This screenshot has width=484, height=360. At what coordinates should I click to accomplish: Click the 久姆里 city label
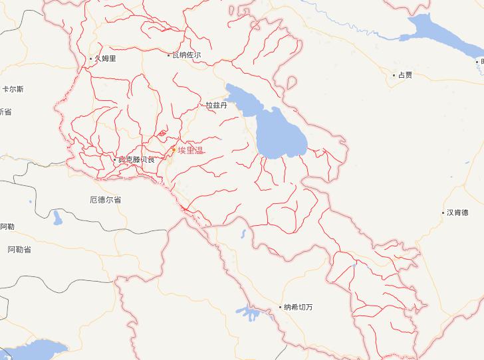(x=105, y=58)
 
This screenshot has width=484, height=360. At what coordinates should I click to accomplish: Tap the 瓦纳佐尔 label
(x=186, y=55)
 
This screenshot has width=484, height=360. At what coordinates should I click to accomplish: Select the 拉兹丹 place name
(x=216, y=105)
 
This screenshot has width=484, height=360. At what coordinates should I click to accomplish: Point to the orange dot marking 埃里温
(x=174, y=151)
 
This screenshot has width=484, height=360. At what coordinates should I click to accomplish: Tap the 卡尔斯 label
(x=13, y=89)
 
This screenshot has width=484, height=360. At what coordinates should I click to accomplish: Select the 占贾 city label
(x=405, y=75)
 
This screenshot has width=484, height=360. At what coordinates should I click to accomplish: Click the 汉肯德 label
(x=457, y=213)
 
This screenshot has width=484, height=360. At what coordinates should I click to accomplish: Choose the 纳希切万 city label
(x=298, y=307)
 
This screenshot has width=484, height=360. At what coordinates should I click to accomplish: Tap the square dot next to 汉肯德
(x=443, y=213)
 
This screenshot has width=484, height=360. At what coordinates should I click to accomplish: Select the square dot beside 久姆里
(x=90, y=58)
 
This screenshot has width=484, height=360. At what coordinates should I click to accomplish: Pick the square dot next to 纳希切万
(x=280, y=307)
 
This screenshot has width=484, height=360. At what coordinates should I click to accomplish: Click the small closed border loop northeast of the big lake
(x=291, y=83)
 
